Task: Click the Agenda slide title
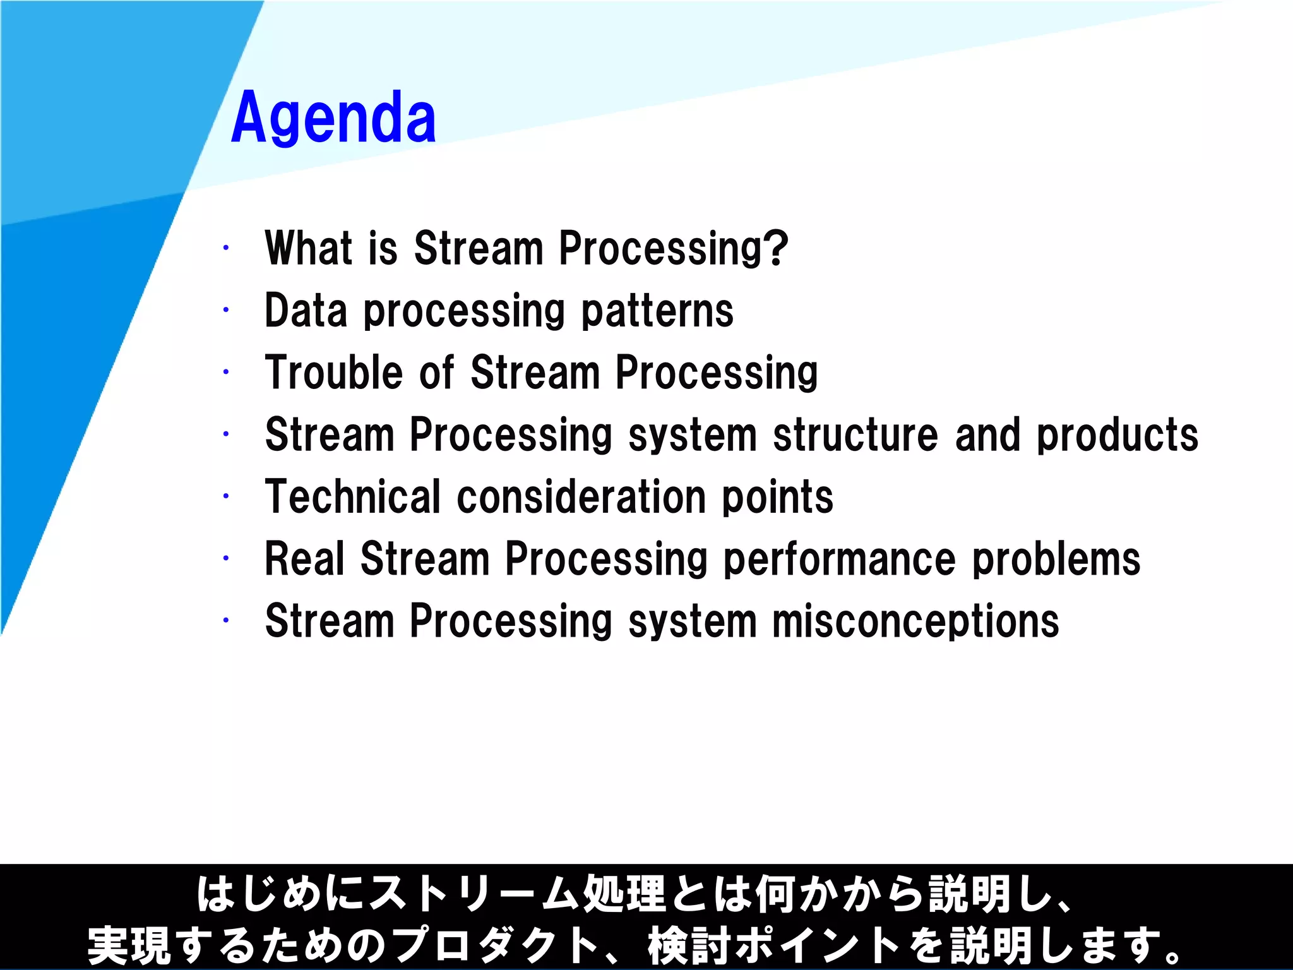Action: pos(333,118)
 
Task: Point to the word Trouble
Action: pos(333,372)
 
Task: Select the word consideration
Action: pos(581,496)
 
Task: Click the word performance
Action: pos(839,559)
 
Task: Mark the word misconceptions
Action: pos(915,621)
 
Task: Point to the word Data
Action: pos(306,311)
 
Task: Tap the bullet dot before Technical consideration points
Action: pos(225,496)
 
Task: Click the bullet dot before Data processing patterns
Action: pos(225,310)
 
